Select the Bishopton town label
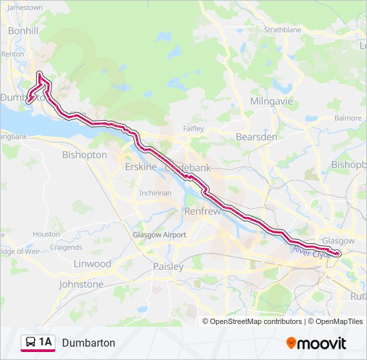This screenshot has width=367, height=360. pyautogui.click(x=84, y=155)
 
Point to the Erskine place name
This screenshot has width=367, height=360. pyautogui.click(x=141, y=167)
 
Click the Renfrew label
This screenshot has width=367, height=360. pyautogui.click(x=202, y=211)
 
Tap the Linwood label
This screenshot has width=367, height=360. pyautogui.click(x=92, y=264)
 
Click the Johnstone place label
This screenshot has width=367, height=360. pyautogui.click(x=81, y=284)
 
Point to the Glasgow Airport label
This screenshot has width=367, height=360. pyautogui.click(x=159, y=235)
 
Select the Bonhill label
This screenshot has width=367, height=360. pyautogui.click(x=23, y=31)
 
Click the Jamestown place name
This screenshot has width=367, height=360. pyautogui.click(x=25, y=7)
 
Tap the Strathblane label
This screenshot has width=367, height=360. pyautogui.click(x=282, y=30)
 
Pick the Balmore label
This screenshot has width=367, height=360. pyautogui.click(x=348, y=118)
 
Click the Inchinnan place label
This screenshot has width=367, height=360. pyautogui.click(x=155, y=193)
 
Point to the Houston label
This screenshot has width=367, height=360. pyautogui.click(x=46, y=234)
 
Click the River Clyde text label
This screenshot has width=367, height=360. pyautogui.click(x=311, y=252)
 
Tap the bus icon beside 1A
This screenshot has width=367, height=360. pyautogui.click(x=30, y=343)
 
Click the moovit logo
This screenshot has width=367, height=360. pyautogui.click(x=316, y=343)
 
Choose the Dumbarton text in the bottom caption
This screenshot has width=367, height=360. pyautogui.click(x=89, y=343)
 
